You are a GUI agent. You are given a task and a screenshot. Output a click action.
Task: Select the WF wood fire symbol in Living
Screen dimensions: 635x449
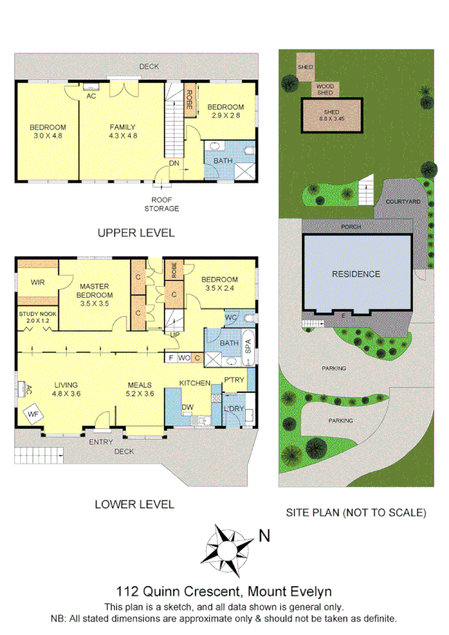coord(34,413)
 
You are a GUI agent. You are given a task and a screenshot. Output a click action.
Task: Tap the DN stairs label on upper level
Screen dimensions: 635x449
coord(174,162)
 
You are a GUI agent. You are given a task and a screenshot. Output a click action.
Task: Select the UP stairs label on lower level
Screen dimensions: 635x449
coord(175,335)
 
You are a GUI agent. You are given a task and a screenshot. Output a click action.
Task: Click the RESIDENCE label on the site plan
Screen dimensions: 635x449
coord(356,274)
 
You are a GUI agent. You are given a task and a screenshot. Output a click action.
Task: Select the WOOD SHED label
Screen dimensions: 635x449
coord(325,89)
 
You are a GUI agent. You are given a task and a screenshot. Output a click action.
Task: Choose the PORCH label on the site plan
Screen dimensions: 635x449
coord(351,225)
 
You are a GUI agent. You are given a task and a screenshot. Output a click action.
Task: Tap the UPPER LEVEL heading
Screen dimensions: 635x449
coord(136,233)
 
